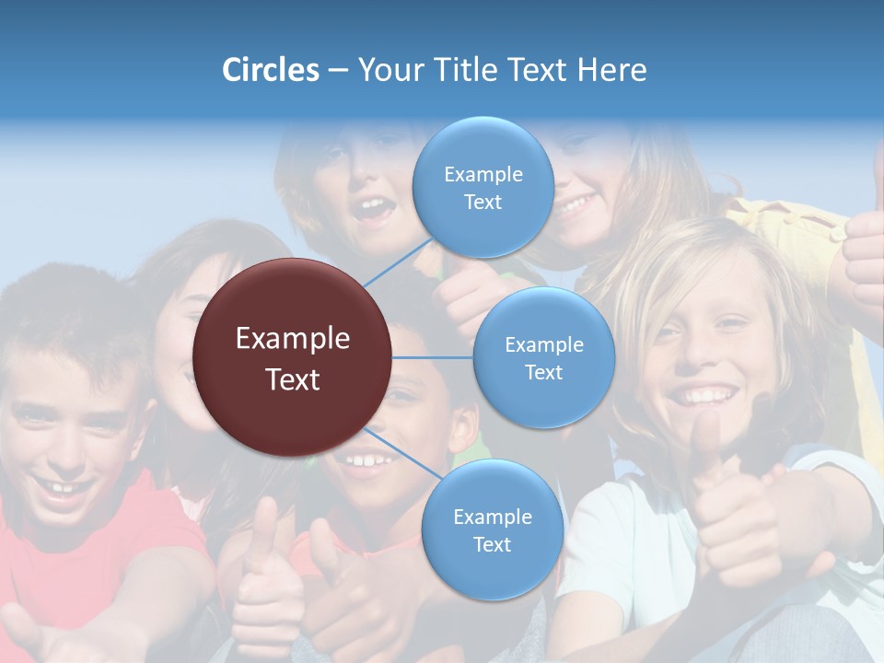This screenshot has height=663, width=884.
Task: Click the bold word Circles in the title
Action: click(x=270, y=70)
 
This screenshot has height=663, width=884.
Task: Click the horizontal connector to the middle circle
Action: click(x=432, y=357)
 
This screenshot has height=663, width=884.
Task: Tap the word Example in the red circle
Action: click(x=293, y=339)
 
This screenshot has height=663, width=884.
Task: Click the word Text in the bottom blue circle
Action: click(x=492, y=544)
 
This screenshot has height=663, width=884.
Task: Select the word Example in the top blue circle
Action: click(x=483, y=174)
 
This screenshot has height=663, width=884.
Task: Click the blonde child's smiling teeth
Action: click(x=704, y=396)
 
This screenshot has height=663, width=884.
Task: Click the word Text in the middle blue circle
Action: click(x=543, y=372)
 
